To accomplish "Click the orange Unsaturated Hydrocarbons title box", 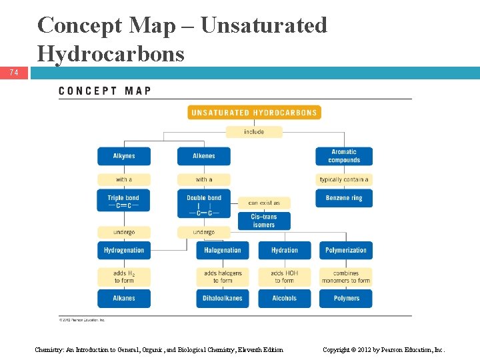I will [x=254, y=113].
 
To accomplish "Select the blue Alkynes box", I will [x=124, y=156].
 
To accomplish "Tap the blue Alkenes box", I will [x=204, y=156].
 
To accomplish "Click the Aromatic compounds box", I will [x=344, y=156].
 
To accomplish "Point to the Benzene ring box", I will [x=344, y=198].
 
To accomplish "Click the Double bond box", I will [x=204, y=203].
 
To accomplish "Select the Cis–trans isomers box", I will [x=264, y=221].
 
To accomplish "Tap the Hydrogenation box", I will [x=124, y=250].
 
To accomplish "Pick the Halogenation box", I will [x=223, y=250].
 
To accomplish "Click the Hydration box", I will [x=285, y=250].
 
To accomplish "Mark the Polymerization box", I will [x=346, y=250].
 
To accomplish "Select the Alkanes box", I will [x=124, y=298].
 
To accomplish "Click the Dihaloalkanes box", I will [x=223, y=298].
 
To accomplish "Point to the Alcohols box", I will [x=285, y=298].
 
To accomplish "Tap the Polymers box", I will [x=346, y=298].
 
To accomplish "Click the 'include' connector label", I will [x=254, y=132].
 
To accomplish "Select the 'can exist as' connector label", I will [x=264, y=203].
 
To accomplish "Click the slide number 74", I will [x=14, y=73].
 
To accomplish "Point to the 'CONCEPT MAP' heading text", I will [x=105, y=91].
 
